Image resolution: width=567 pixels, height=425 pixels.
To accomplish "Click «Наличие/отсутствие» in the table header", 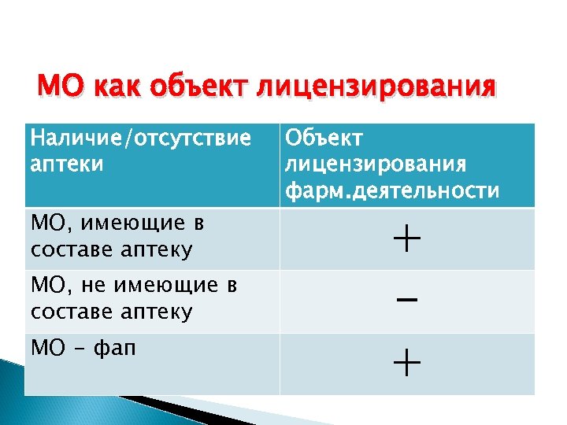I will point(140,139).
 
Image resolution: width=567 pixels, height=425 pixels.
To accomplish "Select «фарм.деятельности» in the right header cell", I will point(391,190).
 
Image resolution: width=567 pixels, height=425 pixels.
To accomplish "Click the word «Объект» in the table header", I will point(324,139).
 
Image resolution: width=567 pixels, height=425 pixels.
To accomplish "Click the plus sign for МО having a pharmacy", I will point(406,238).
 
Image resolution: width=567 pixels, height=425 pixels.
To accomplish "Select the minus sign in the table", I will point(406,301).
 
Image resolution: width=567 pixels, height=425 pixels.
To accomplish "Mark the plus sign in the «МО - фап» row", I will point(406,364).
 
